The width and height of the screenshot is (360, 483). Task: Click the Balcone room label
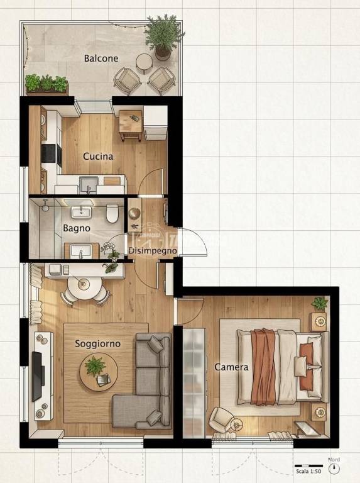pos(101,58)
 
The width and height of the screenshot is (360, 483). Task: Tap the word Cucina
pos(98,156)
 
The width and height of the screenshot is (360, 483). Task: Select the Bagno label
pos(76,228)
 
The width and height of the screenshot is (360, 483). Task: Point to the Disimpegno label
pos(153,251)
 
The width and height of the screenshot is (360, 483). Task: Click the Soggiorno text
pos(97,343)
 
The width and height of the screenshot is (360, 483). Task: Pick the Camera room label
pos(231,367)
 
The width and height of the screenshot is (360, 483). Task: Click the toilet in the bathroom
pos(112,213)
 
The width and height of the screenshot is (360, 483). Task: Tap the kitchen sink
pos(89,184)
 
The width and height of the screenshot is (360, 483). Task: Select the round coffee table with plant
pos(99,372)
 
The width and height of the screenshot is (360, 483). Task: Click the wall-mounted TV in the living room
pos(37,377)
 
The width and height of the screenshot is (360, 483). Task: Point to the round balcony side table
pos(144,62)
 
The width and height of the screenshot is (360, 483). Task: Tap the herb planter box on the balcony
pos(46,84)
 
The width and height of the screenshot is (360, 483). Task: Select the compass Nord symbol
pos(334,468)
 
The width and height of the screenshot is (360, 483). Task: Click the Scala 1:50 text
pos(308,471)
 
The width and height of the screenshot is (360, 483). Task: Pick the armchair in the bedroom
pos(220,419)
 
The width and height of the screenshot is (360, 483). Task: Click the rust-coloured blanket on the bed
pos(263,367)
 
